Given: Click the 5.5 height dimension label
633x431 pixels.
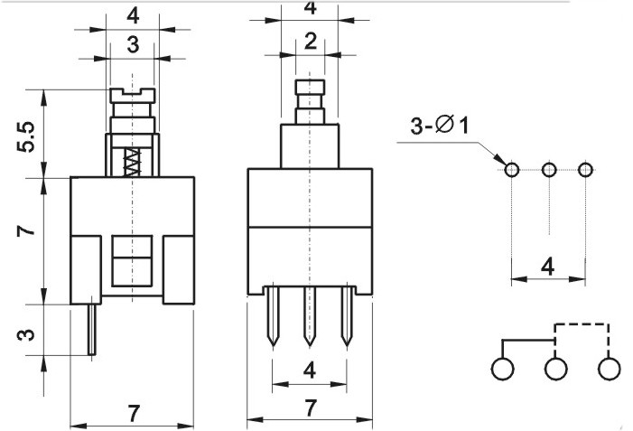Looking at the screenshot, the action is click(26, 137).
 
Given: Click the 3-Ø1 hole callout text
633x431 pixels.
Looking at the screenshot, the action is click(440, 125).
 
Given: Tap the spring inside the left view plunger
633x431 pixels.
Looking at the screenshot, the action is click(133, 162).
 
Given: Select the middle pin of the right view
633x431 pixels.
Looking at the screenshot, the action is click(310, 316).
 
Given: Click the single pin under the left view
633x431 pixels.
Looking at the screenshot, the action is click(92, 330).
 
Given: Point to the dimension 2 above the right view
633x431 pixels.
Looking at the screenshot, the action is click(310, 42).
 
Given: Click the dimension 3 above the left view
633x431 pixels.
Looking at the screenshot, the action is click(133, 44).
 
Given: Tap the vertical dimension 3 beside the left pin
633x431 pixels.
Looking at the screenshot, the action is click(26, 334).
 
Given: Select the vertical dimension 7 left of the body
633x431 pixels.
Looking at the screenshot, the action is click(26, 230).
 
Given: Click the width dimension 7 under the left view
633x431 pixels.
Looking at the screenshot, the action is click(134, 413).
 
